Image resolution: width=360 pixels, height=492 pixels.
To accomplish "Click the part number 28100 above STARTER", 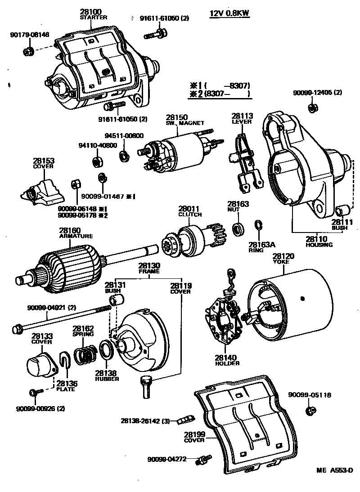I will click(x=91, y=11).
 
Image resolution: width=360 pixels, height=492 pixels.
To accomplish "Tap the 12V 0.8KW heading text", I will click(x=229, y=13).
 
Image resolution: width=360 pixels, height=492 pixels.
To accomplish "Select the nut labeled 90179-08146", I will click(x=27, y=51).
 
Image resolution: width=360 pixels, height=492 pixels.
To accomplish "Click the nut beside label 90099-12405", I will click(x=311, y=108).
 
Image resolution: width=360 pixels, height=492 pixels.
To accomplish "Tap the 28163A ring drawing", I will click(x=259, y=225).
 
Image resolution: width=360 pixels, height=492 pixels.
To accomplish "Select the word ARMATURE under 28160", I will click(x=76, y=236).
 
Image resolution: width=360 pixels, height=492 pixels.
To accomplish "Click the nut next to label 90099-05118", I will click(x=310, y=410).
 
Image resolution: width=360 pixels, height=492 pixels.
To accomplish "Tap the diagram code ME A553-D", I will click(x=334, y=470).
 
